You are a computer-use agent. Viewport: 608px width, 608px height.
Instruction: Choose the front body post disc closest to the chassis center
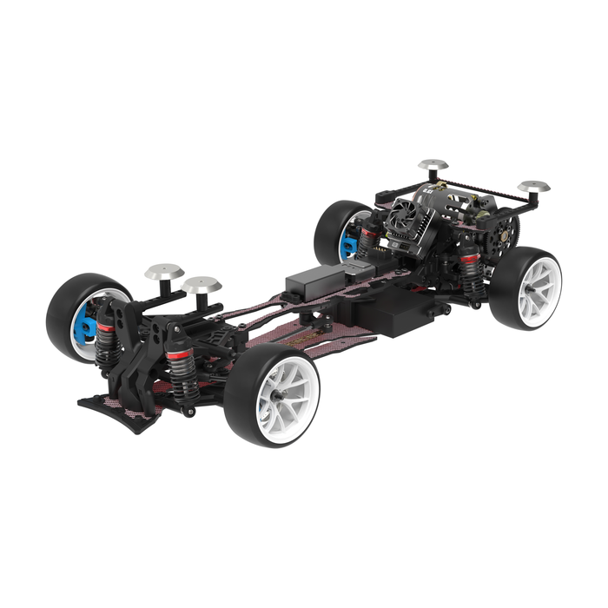[202, 284]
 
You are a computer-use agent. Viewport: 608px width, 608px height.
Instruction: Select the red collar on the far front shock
[105, 327]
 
